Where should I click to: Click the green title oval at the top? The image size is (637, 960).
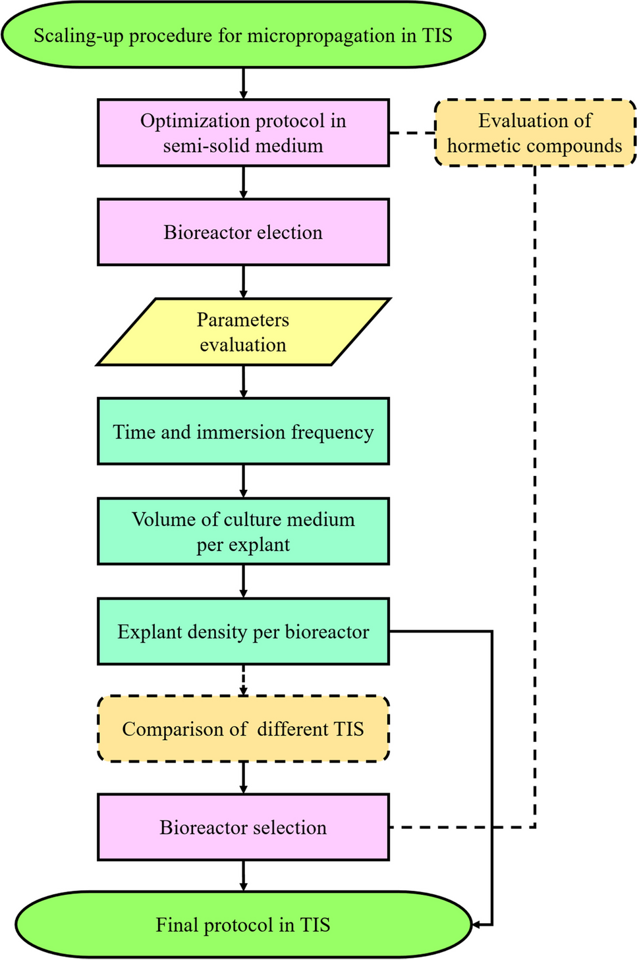pyautogui.click(x=243, y=34)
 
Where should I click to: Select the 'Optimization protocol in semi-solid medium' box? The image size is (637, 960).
pyautogui.click(x=243, y=132)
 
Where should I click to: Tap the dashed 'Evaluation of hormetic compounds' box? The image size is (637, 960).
pyautogui.click(x=534, y=132)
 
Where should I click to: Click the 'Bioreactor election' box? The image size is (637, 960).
pyautogui.click(x=243, y=232)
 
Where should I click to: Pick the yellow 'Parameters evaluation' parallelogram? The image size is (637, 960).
pyautogui.click(x=243, y=331)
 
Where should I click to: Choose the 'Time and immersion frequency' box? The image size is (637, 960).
pyautogui.click(x=243, y=431)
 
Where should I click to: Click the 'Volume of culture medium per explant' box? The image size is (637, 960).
pyautogui.click(x=243, y=531)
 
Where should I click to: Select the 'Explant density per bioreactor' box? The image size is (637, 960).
pyautogui.click(x=243, y=631)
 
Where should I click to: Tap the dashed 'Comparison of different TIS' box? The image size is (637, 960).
pyautogui.click(x=243, y=729)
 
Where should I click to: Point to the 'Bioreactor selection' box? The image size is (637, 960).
pyautogui.click(x=243, y=827)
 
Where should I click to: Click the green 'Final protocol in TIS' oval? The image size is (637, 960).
pyautogui.click(x=243, y=924)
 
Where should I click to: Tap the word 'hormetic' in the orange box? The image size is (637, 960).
pyautogui.click(x=488, y=146)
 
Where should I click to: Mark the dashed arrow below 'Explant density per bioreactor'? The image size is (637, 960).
pyautogui.click(x=243, y=680)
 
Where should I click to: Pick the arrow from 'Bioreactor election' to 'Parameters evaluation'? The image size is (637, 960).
pyautogui.click(x=243, y=282)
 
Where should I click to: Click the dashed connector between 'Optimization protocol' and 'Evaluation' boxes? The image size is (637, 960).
pyautogui.click(x=412, y=132)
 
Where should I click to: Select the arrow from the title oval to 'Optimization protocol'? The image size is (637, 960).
pyautogui.click(x=243, y=84)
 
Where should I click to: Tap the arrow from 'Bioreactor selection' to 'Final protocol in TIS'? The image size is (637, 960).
pyautogui.click(x=243, y=876)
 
